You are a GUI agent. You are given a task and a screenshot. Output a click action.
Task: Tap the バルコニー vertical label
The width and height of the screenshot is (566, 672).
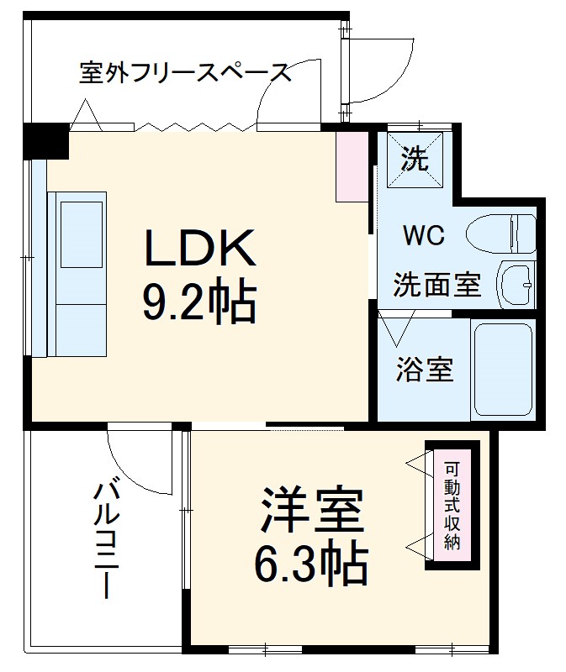[106, 538]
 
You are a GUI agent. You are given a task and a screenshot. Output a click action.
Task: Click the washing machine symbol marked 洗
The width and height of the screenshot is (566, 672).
[415, 159]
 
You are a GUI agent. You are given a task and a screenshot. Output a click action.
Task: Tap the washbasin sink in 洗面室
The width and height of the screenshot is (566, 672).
[515, 285]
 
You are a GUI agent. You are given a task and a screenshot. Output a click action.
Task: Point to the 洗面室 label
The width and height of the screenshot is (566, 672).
[437, 286]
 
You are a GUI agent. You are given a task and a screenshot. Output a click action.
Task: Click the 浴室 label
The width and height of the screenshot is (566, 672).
[424, 370]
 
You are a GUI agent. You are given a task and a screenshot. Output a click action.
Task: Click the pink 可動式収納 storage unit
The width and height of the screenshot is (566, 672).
[452, 506]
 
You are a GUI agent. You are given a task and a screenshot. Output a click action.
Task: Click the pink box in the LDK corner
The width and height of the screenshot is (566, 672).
[352, 165]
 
